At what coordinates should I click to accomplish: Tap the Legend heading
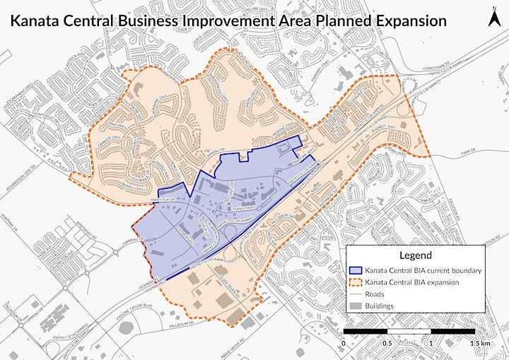click(x=415, y=255)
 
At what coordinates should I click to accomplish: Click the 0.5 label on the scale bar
click(x=387, y=343)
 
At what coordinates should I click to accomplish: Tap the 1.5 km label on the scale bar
click(x=480, y=343)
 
